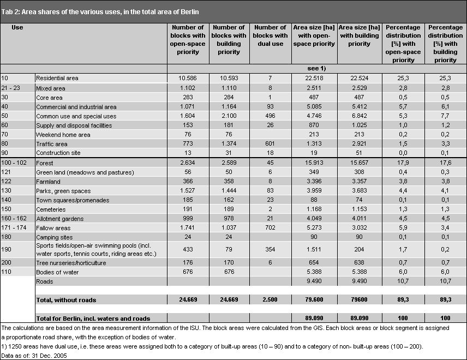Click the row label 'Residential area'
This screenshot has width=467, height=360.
(57, 79)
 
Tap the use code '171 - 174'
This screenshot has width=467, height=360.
(14, 228)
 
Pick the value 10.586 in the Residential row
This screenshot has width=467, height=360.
(188, 79)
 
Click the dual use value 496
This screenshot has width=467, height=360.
(270, 116)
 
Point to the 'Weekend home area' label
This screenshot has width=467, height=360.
(63, 135)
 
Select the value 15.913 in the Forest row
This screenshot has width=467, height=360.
(314, 163)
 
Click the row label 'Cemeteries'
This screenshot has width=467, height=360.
(51, 209)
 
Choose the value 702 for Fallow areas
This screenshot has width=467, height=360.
(270, 228)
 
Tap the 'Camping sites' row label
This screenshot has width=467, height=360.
(55, 237)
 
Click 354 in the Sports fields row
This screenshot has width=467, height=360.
(270, 249)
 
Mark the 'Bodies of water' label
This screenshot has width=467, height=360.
(57, 272)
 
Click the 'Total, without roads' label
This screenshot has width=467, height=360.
(66, 300)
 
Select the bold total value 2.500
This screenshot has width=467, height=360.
(270, 299)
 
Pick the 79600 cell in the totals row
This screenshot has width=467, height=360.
(359, 299)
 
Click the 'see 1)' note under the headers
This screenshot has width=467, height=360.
(316, 69)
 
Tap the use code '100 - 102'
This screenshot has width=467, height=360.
(14, 163)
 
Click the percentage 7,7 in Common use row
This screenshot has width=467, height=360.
(445, 116)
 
